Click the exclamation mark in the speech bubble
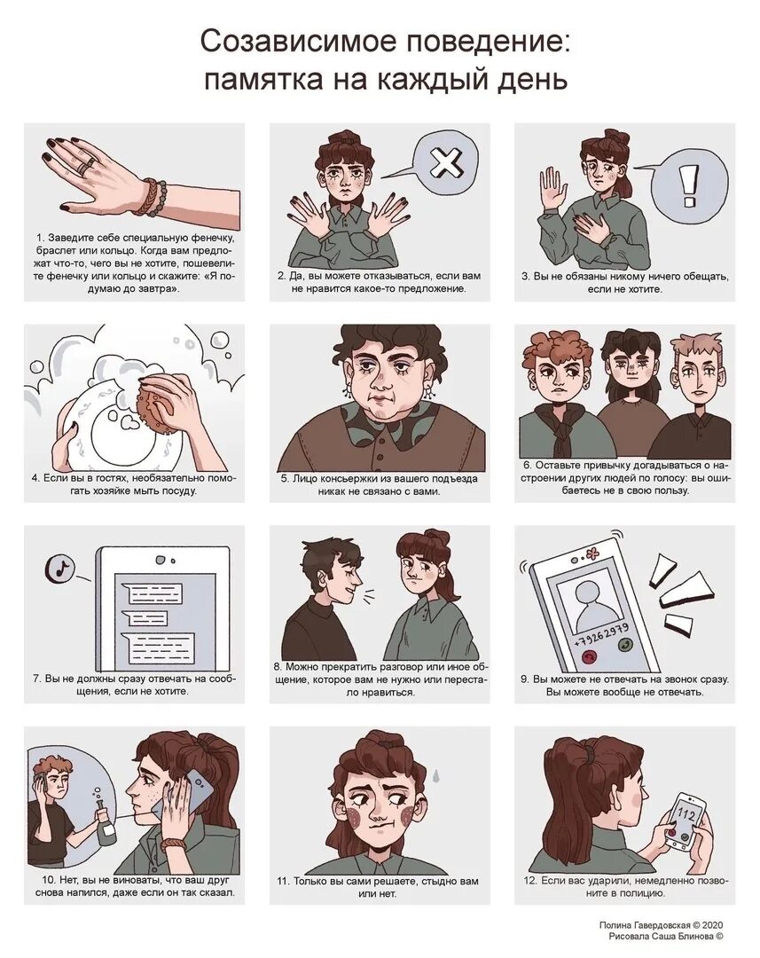coord(690,184)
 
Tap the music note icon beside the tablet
coord(60,569)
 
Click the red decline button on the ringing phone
coord(589,657)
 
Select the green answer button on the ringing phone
coord(625,645)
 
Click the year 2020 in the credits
coord(713,925)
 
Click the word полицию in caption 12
coord(643,893)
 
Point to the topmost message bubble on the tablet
coord(152,591)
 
